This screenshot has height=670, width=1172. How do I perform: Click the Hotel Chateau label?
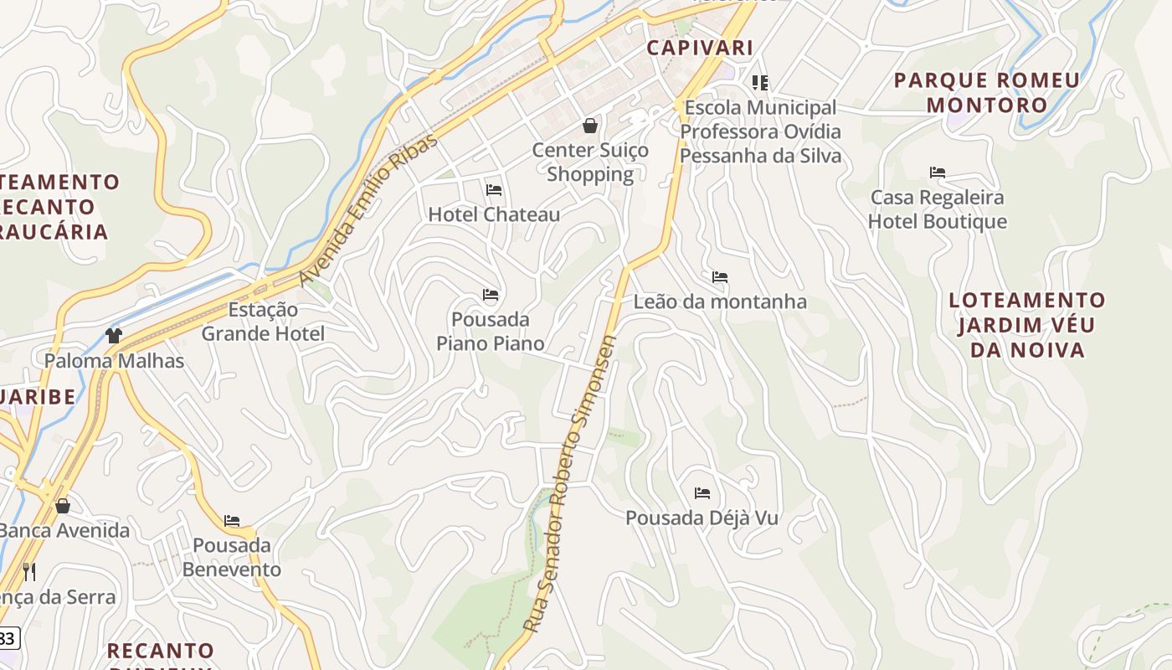click(494, 214)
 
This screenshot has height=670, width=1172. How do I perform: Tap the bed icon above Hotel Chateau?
click(494, 190)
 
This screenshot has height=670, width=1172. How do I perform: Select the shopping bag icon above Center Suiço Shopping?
click(590, 126)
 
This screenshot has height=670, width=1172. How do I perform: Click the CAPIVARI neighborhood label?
click(700, 48)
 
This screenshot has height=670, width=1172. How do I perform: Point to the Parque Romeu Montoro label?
click(987, 93)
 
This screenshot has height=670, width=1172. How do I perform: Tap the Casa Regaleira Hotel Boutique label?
click(937, 209)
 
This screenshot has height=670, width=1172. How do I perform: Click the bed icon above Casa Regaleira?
click(938, 173)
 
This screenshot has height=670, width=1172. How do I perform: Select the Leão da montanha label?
click(720, 301)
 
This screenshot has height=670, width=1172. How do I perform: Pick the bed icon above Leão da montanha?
click(720, 277)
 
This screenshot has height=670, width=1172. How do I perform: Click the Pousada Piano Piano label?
click(491, 332)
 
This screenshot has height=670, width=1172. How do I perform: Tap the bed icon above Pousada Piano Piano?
click(491, 295)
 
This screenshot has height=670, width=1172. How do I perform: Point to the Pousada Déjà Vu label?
click(702, 518)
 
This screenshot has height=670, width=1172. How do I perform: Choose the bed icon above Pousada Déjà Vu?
click(702, 494)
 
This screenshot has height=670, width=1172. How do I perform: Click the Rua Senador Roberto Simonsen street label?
click(570, 484)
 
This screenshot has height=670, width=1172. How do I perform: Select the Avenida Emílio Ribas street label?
click(368, 210)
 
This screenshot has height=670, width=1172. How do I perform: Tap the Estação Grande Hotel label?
click(263, 322)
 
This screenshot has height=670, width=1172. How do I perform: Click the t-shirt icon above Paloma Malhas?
click(114, 337)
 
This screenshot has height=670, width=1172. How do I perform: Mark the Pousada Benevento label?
click(232, 558)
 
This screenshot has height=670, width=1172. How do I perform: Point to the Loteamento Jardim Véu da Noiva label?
click(1027, 325)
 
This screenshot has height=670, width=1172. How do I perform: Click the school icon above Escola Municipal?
click(760, 83)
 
